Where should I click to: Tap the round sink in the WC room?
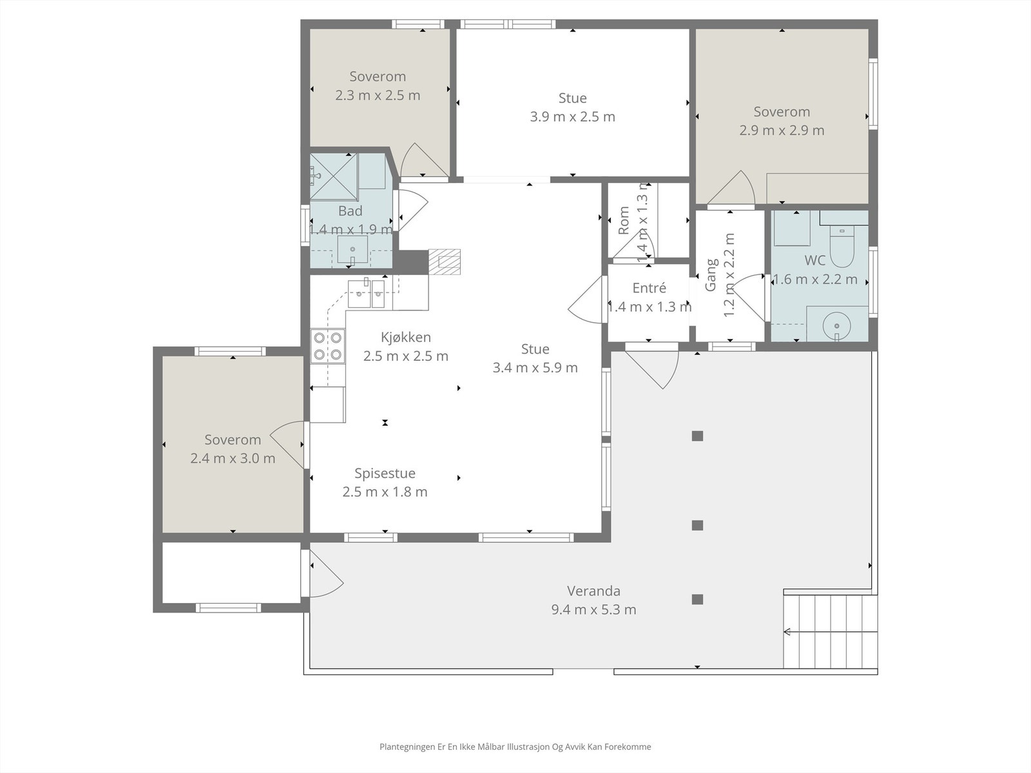point(837,325)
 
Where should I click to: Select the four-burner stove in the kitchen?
point(327,346)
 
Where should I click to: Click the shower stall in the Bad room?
point(334,177)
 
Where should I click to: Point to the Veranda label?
point(593,591)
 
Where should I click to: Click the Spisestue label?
point(385,473)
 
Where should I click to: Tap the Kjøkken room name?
point(406,338)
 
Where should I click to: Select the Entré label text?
point(649,288)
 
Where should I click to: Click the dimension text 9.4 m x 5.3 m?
point(593,609)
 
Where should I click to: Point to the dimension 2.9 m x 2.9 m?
point(782,130)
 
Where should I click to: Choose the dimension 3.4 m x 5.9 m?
point(535,367)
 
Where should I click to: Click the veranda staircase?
point(830,631)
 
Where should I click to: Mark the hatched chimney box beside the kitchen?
point(445,262)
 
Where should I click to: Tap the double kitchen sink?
point(366,293)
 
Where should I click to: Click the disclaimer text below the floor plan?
point(515,747)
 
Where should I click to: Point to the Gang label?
point(711,275)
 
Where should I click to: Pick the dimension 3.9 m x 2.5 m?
point(573,117)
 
